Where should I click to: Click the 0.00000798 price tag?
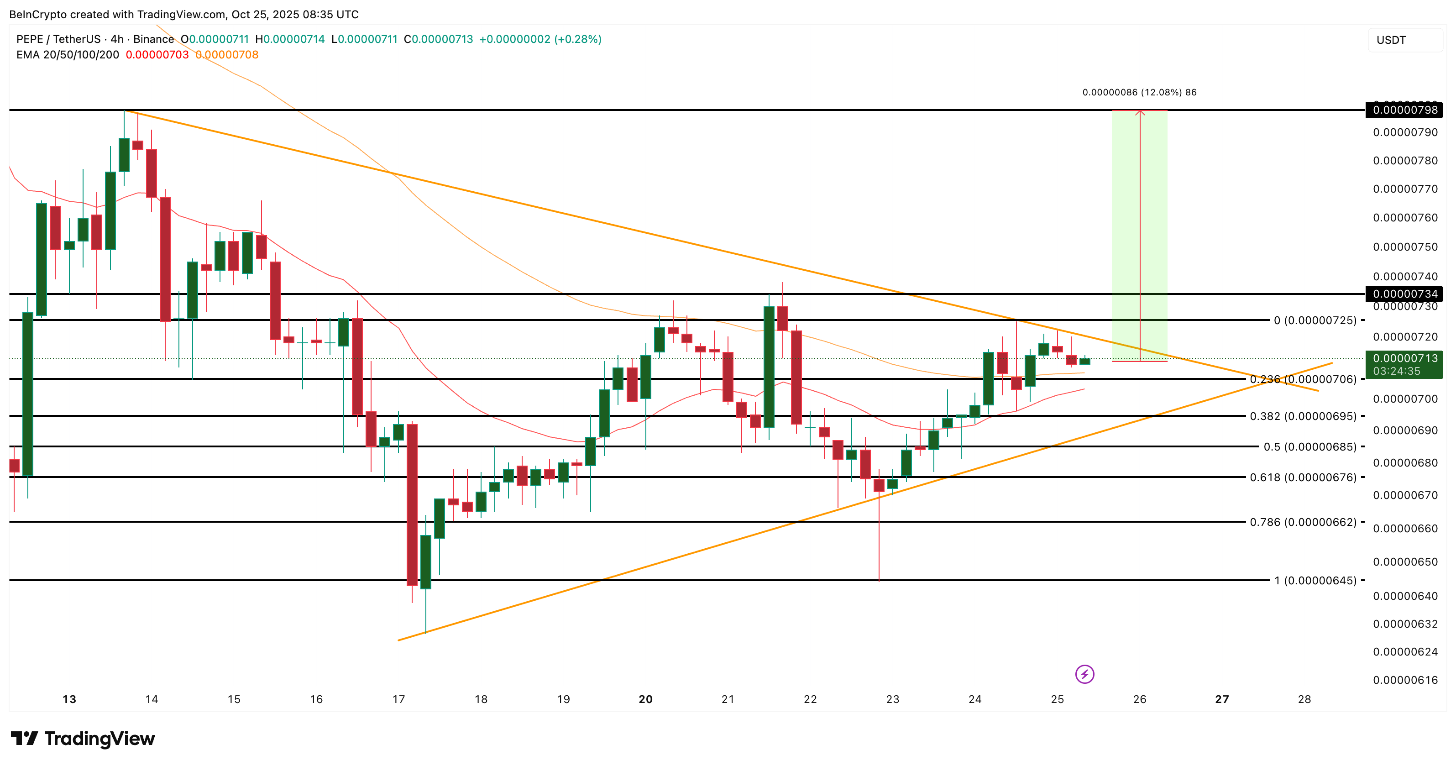point(1404,110)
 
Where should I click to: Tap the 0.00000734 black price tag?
point(1404,294)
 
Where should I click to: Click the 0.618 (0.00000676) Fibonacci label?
point(1302,477)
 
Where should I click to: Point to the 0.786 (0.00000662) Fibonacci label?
point(1302,522)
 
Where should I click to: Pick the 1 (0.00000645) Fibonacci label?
point(1315,580)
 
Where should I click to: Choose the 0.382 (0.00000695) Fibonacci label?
point(1302,416)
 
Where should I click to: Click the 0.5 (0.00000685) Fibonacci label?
point(1309,446)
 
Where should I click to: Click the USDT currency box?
point(1404,40)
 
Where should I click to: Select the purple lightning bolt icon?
point(1084,674)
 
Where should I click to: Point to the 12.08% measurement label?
point(1139,92)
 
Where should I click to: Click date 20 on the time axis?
point(645,699)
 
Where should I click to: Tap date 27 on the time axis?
point(1222,699)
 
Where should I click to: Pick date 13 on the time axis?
point(69,699)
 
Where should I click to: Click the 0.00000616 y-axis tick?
point(1405,680)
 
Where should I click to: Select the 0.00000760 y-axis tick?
point(1405,218)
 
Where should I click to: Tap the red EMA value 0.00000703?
point(157,55)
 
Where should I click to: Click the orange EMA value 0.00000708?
point(227,55)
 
